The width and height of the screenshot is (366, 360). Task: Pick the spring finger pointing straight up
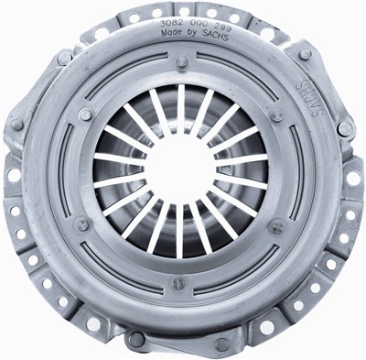(180, 107)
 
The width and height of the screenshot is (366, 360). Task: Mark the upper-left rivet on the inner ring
(85, 115)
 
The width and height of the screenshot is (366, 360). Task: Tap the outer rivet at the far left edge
(17, 124)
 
